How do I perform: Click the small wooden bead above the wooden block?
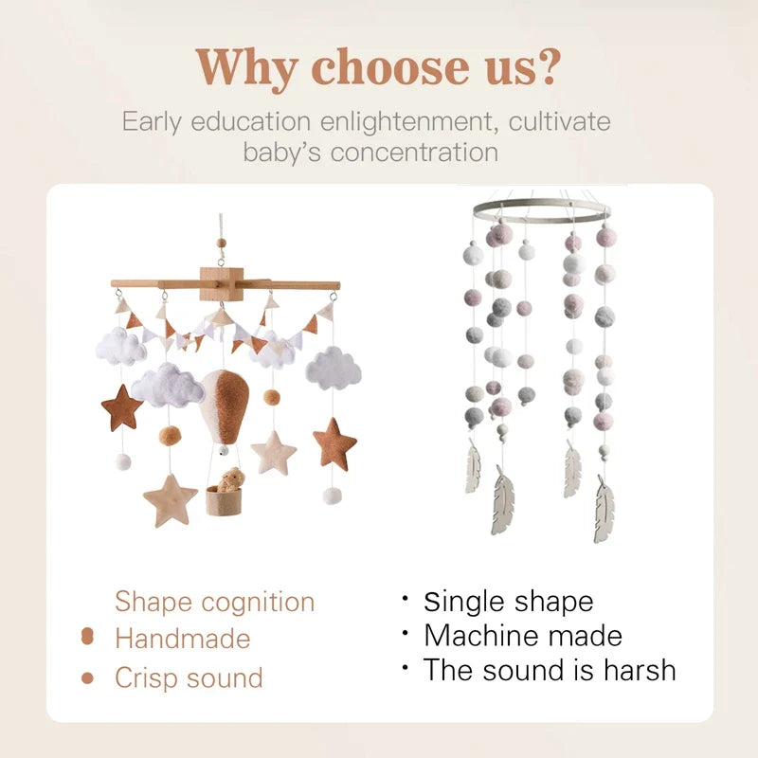(x=223, y=244)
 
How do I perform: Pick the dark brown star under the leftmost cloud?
(x=122, y=407)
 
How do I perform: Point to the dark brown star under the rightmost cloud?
(x=334, y=443)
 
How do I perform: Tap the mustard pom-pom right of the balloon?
(x=272, y=397)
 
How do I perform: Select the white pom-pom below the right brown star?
(x=332, y=496)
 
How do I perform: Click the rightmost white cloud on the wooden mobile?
(x=334, y=367)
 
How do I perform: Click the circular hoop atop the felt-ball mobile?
(x=542, y=210)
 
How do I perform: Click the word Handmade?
(x=182, y=639)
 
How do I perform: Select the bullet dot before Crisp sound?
(x=88, y=678)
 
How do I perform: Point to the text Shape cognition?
(x=214, y=602)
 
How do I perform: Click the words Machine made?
(x=522, y=635)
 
